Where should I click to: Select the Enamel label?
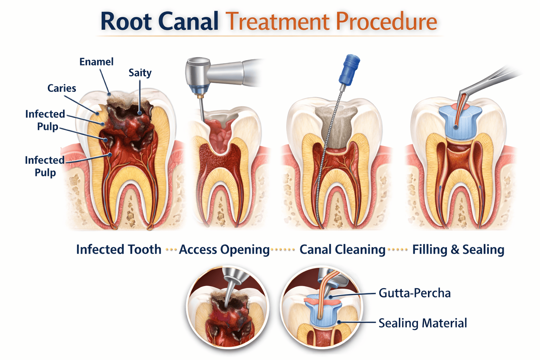point(96,62)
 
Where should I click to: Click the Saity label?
point(140,73)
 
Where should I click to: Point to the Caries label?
point(62,88)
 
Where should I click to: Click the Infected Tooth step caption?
point(118,250)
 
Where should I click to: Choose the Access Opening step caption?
point(224,250)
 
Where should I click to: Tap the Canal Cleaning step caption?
point(342,250)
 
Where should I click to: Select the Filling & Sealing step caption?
point(458,250)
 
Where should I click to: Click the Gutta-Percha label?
point(414,293)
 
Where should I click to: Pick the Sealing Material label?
point(423,323)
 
